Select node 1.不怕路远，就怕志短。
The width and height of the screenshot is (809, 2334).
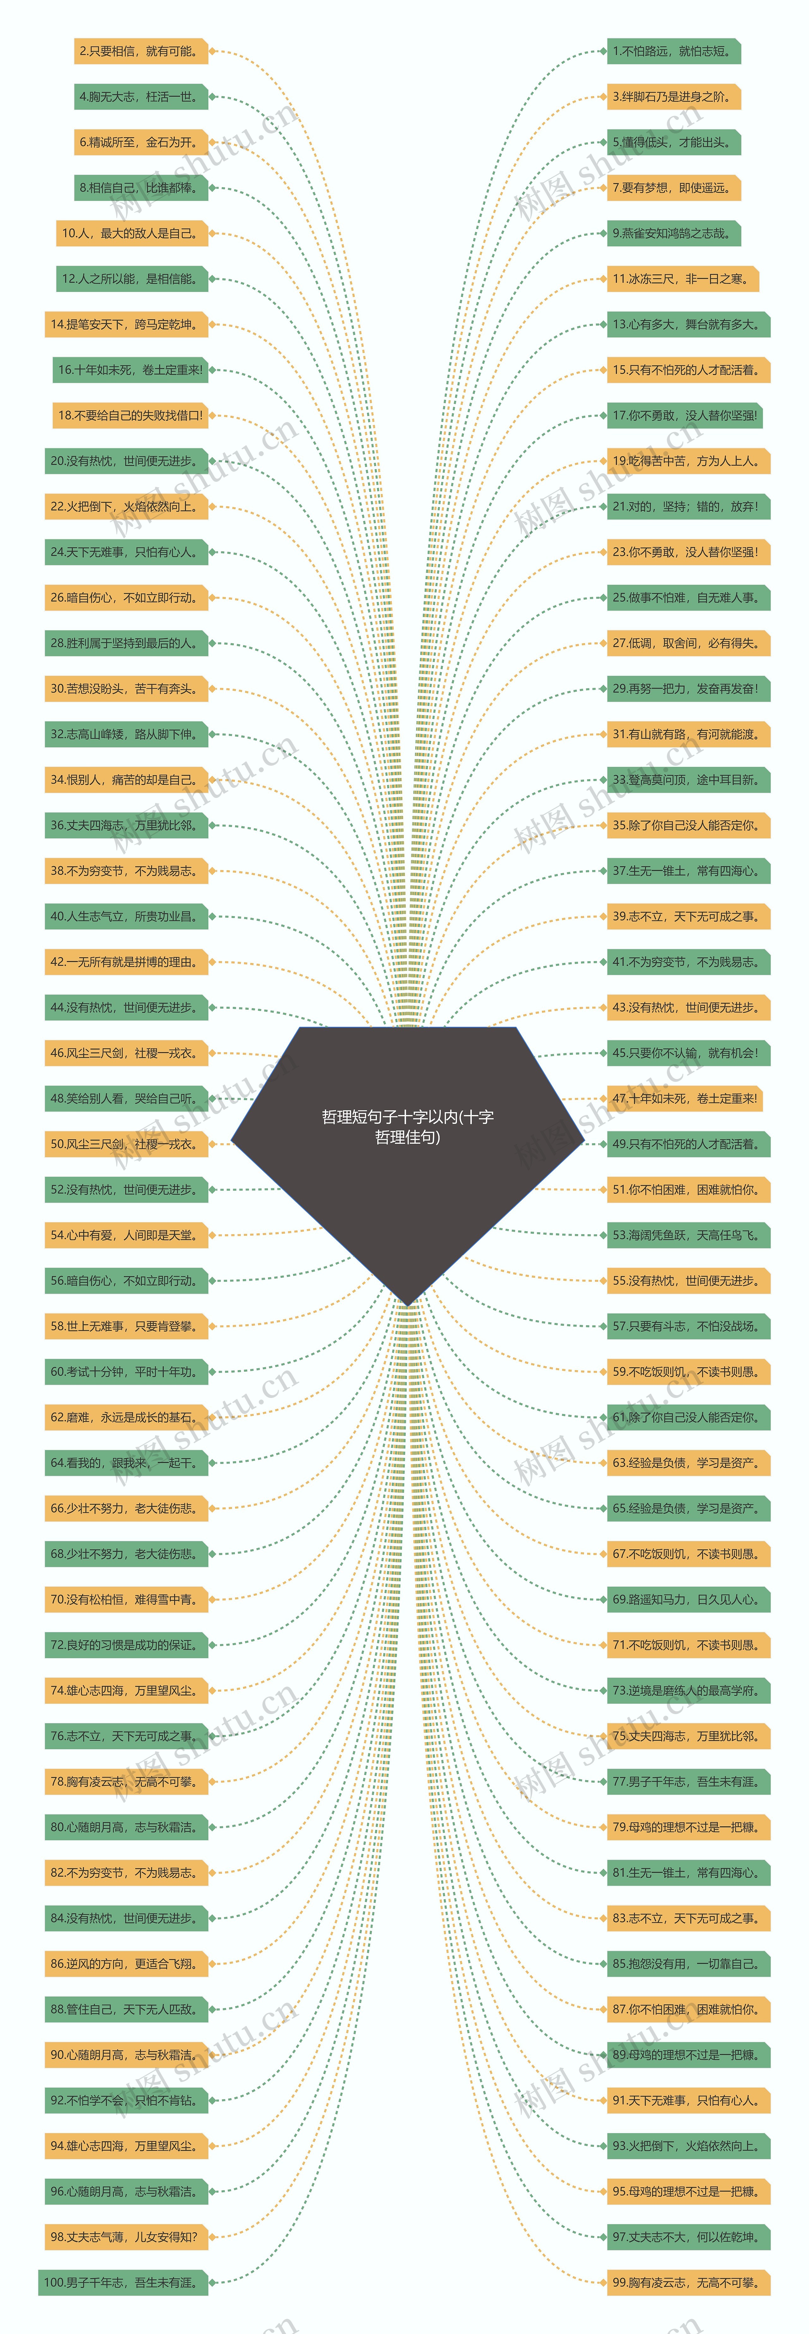coord(673,52)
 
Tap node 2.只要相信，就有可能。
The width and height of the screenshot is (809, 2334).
coord(140,52)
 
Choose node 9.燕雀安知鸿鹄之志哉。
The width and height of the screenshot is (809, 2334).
coord(673,234)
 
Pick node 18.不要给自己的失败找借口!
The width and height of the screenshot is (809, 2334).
coord(130,416)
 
